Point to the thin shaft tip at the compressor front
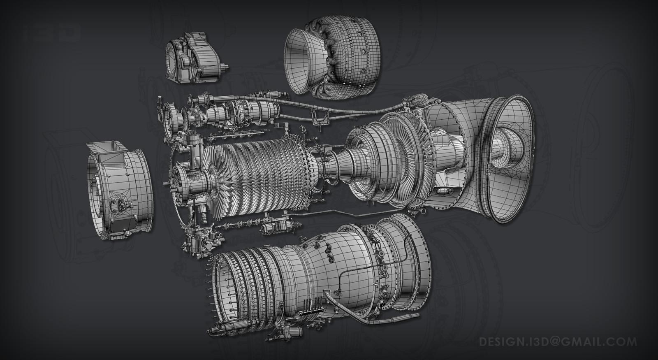165,184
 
